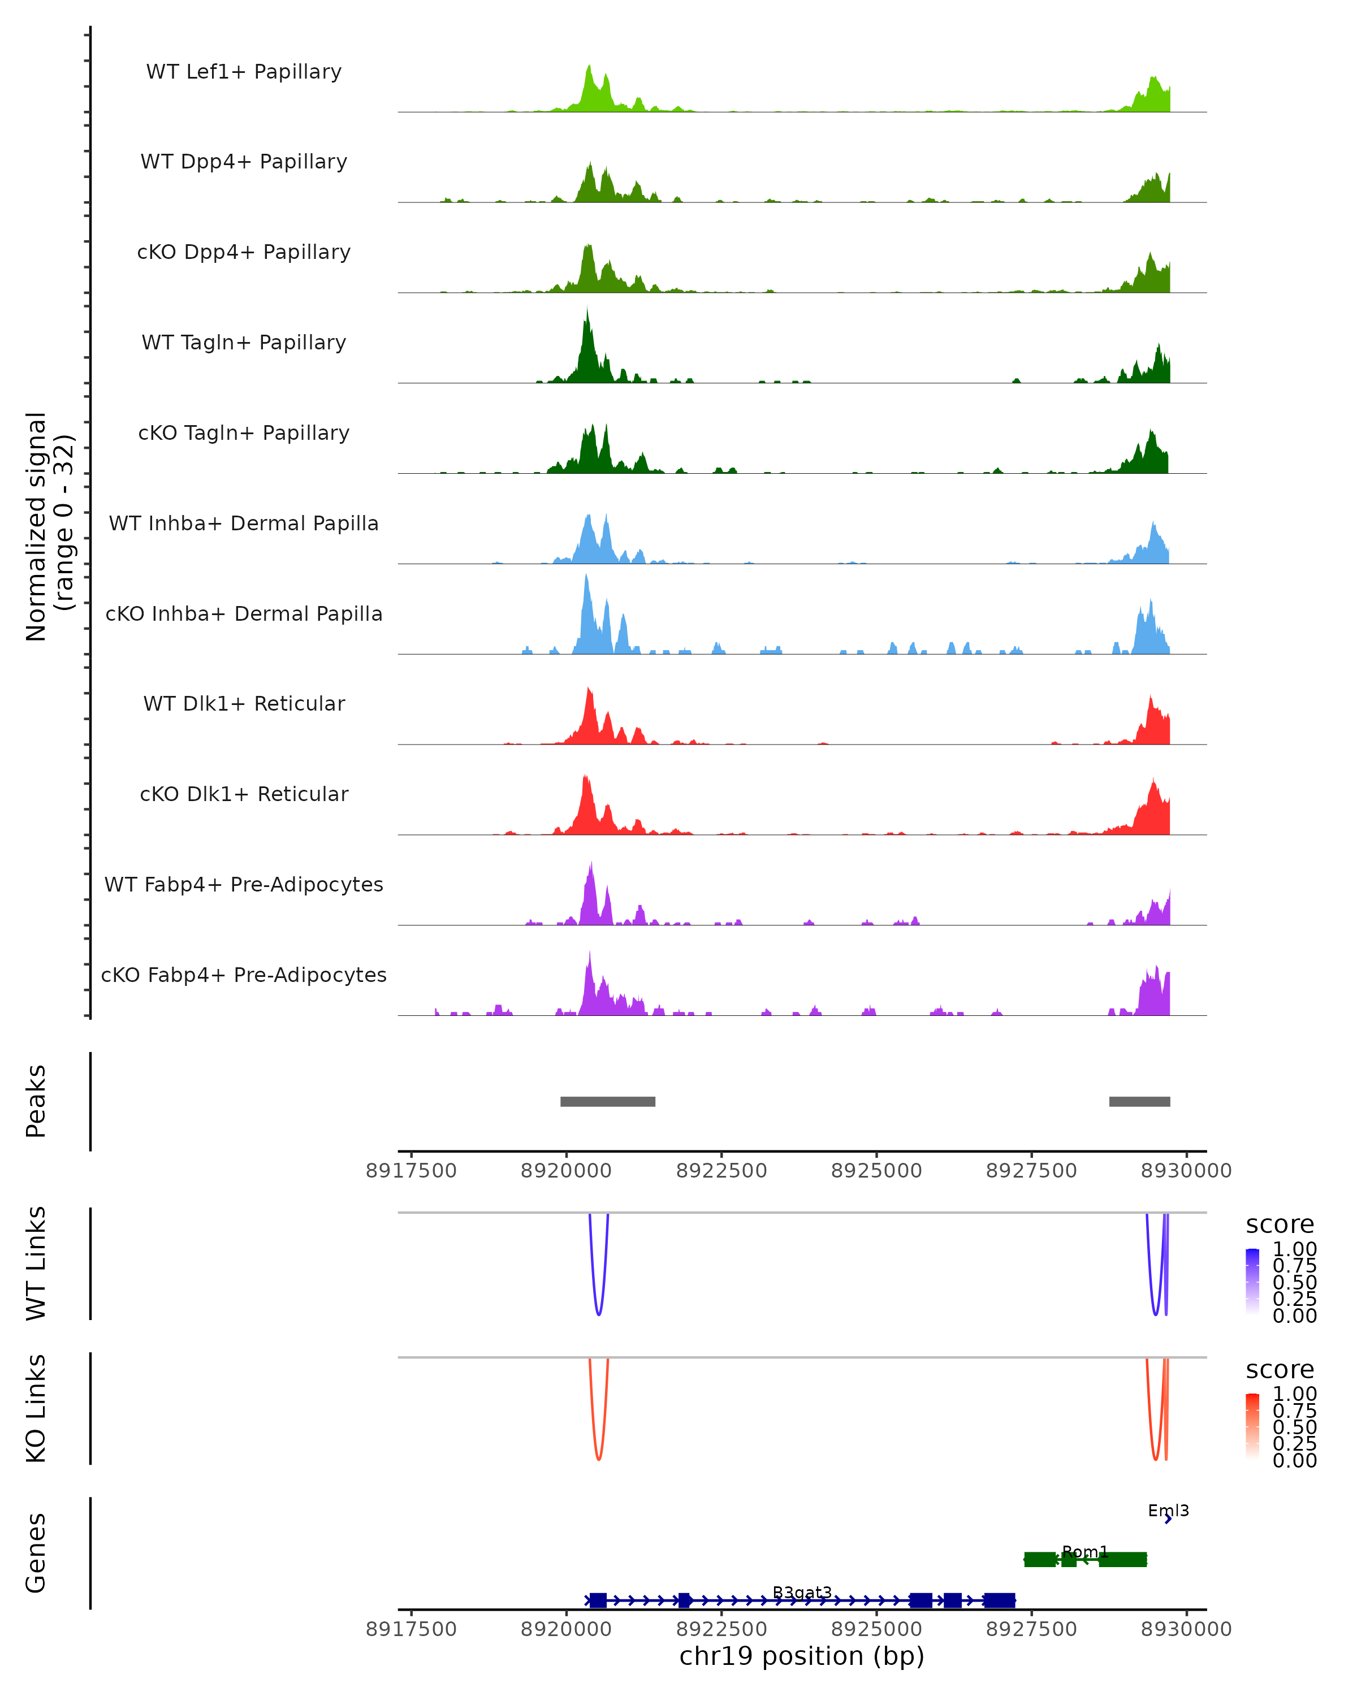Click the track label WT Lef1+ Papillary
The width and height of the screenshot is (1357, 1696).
pos(244,72)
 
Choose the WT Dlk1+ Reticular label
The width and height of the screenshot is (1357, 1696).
pos(244,703)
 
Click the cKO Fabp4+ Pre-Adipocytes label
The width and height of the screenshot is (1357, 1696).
pos(244,975)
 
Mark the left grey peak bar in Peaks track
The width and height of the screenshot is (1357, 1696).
pos(607,1101)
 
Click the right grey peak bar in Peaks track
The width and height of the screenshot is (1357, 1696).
pos(1139,1101)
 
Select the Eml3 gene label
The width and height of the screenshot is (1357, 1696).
pos(1168,1511)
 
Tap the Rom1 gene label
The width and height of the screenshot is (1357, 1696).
pos(1085,1551)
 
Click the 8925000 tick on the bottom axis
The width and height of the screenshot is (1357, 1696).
pos(876,1629)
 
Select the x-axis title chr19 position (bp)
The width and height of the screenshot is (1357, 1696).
pos(802,1656)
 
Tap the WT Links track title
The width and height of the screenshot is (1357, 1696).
pos(36,1264)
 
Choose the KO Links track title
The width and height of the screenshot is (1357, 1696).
pos(36,1408)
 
